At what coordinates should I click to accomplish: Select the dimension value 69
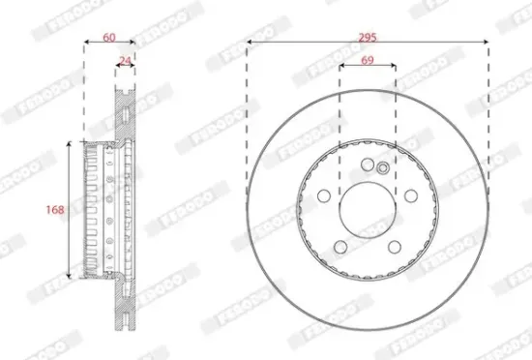(368, 60)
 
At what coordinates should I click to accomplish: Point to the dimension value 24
(124, 60)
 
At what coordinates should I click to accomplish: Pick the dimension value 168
(56, 209)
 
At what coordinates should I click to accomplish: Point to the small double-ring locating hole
(383, 168)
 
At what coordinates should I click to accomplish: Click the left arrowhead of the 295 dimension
(249, 44)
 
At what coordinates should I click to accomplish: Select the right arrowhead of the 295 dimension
(487, 44)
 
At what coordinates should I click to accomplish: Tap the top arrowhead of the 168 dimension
(69, 143)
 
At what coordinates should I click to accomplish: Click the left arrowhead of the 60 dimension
(86, 44)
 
